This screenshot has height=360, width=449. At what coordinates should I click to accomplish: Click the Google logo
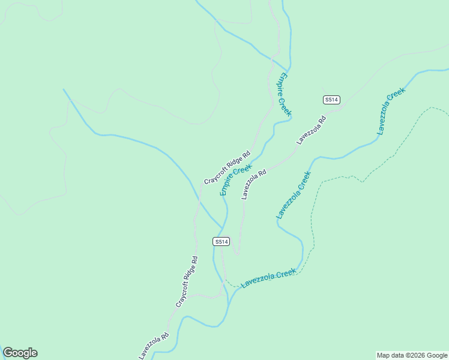[20, 353]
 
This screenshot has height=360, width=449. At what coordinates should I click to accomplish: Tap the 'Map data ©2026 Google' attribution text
[412, 355]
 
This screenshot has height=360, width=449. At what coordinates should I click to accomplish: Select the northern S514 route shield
[332, 100]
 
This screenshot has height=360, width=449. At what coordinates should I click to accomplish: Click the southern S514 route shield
[221, 241]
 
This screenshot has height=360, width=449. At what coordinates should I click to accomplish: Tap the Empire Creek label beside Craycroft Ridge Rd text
[236, 180]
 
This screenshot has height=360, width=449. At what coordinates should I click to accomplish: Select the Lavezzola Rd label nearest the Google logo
[154, 346]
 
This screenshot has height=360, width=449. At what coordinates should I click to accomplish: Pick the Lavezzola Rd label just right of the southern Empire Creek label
[254, 184]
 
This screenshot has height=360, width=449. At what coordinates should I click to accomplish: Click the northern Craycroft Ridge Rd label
[226, 167]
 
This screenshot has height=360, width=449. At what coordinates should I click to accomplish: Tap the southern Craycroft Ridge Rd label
[187, 281]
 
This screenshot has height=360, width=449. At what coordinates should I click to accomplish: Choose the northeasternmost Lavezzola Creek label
[391, 110]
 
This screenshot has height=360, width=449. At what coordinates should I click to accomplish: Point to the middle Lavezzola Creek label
[294, 195]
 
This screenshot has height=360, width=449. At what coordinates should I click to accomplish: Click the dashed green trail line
[314, 204]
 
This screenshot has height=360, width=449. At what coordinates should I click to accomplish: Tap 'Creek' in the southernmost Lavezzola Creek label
[286, 274]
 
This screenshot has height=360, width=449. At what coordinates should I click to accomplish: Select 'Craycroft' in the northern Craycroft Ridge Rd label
[217, 175]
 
